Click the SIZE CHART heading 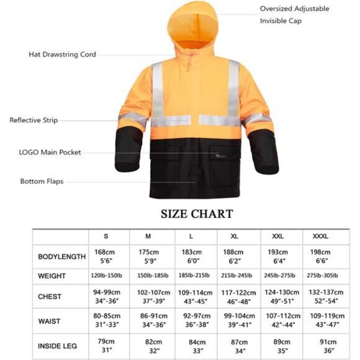pyautogui.click(x=197, y=214)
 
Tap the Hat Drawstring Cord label pyautogui.click(x=62, y=55)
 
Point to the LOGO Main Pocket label pyautogui.click(x=50, y=152)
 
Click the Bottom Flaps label pyautogui.click(x=42, y=182)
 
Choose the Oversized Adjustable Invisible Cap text pyautogui.click(x=294, y=15)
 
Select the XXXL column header pyautogui.click(x=320, y=236)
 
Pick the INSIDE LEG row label pyautogui.click(x=58, y=346)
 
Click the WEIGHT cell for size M pyautogui.click(x=152, y=276)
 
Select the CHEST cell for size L pyautogui.click(x=196, y=297)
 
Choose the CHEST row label pyautogui.click(x=50, y=297)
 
